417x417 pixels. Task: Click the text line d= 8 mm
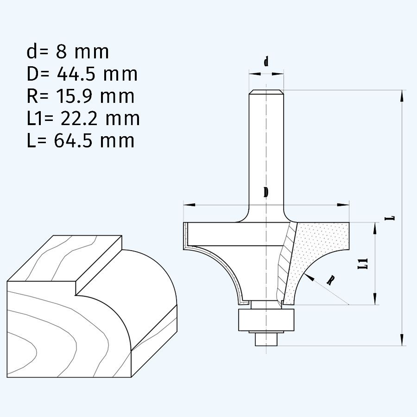pos(68,52)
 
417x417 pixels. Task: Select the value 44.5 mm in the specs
pos(96,74)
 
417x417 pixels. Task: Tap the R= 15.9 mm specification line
pos(80,96)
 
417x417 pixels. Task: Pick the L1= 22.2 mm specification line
pos(83,118)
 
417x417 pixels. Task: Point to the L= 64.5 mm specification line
pos(80,140)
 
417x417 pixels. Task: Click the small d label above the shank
pos(266,62)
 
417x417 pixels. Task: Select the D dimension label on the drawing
pos(266,193)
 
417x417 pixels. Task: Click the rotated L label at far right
pos(392,217)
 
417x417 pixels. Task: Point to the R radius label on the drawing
pos(330,281)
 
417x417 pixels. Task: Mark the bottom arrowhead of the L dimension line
pos(401,341)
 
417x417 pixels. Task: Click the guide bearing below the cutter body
pos(266,320)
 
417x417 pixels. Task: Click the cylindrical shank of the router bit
pos(266,148)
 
